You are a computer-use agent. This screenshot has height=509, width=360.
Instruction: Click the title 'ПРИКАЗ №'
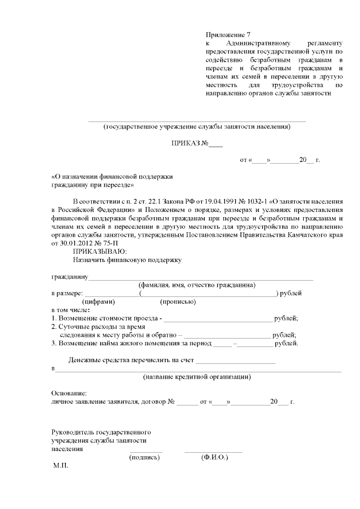click(x=191, y=143)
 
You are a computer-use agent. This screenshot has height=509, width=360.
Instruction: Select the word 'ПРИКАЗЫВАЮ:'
click(x=100, y=251)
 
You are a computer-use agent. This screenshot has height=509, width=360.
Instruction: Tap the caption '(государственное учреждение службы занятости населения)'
click(x=197, y=127)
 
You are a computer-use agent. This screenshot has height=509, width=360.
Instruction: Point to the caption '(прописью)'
click(x=179, y=301)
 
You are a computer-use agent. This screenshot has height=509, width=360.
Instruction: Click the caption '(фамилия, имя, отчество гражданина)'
click(x=197, y=285)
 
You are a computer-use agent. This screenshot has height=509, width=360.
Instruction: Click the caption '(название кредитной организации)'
click(x=197, y=376)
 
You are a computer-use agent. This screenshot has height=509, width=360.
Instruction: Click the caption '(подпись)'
click(x=145, y=458)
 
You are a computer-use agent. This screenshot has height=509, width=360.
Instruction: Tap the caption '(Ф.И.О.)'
click(x=214, y=458)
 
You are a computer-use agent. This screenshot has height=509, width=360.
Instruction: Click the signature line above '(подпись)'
click(x=146, y=451)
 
